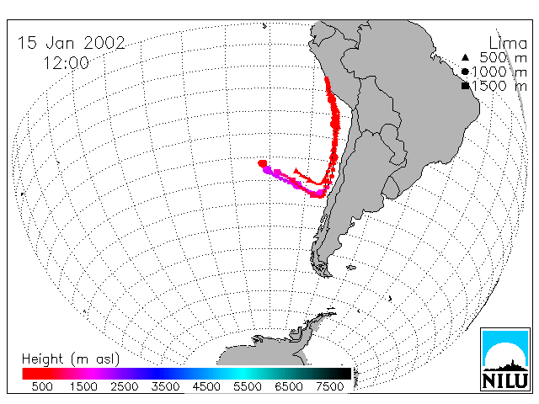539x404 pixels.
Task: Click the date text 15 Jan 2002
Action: tap(72, 43)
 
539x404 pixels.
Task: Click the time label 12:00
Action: tap(66, 63)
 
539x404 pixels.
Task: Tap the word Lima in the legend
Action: tap(508, 44)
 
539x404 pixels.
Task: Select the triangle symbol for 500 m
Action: tap(465, 57)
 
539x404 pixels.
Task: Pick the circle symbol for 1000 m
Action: tap(465, 72)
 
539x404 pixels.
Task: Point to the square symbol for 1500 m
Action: tap(465, 86)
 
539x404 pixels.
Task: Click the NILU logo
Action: tap(505, 359)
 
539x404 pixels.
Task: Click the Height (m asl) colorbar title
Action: tap(71, 359)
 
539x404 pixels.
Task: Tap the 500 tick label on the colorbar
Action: tap(42, 386)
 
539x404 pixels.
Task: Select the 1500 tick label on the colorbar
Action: tap(83, 386)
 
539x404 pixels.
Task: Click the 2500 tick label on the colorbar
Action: tap(124, 386)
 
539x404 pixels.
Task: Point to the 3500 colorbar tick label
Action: tap(165, 386)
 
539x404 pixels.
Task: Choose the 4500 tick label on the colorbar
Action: tap(206, 386)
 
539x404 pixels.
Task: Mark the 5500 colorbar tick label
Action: tap(248, 386)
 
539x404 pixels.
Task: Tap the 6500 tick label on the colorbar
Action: tap(288, 386)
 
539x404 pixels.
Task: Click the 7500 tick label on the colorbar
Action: tap(329, 386)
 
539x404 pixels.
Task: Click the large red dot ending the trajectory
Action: tap(262, 163)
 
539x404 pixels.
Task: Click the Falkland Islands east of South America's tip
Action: tap(351, 268)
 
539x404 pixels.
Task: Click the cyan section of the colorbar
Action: tap(241, 374)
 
